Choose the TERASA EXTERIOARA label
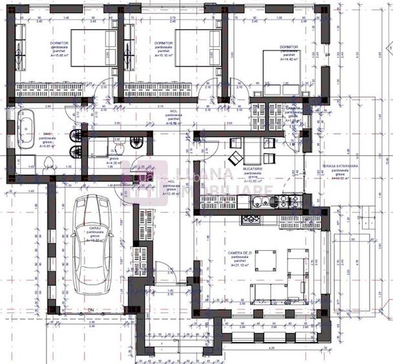(341, 166)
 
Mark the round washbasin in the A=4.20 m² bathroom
(135, 142)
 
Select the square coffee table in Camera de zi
(267, 260)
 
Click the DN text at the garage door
(90, 310)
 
